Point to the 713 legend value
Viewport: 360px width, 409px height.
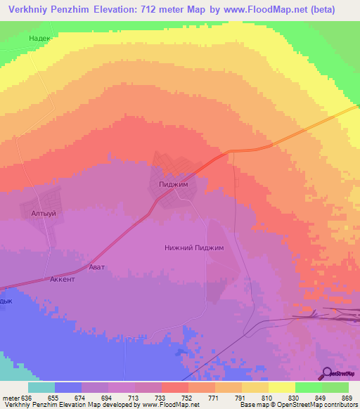click(135, 397)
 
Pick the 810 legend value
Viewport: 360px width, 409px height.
click(268, 397)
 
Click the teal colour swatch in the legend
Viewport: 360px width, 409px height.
click(41, 387)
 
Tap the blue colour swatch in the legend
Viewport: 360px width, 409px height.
click(68, 387)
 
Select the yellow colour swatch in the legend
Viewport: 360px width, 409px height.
click(281, 387)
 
